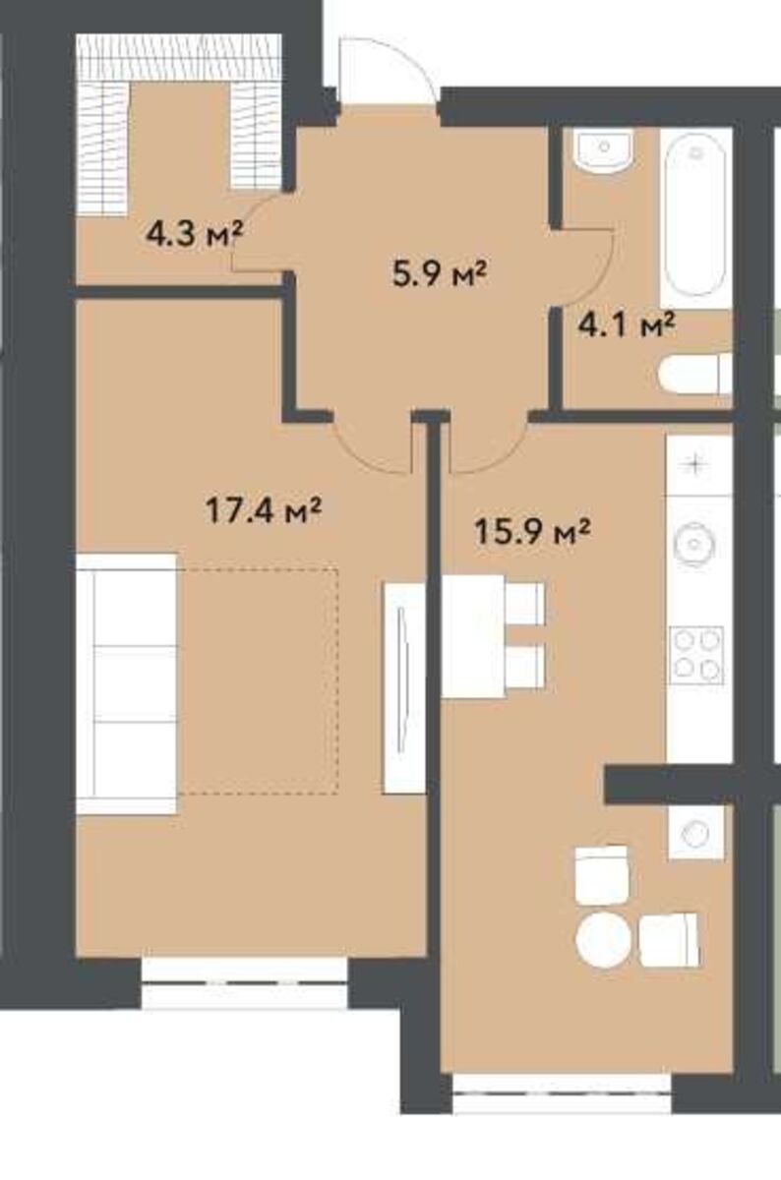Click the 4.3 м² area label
click(194, 234)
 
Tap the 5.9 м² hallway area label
click(439, 274)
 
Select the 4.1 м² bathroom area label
click(627, 325)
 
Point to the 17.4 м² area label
click(264, 510)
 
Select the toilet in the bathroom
click(695, 374)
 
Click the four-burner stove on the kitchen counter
click(696, 655)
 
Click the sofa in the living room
click(127, 683)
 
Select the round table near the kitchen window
click(603, 940)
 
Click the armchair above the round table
click(601, 875)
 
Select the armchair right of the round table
click(669, 940)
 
